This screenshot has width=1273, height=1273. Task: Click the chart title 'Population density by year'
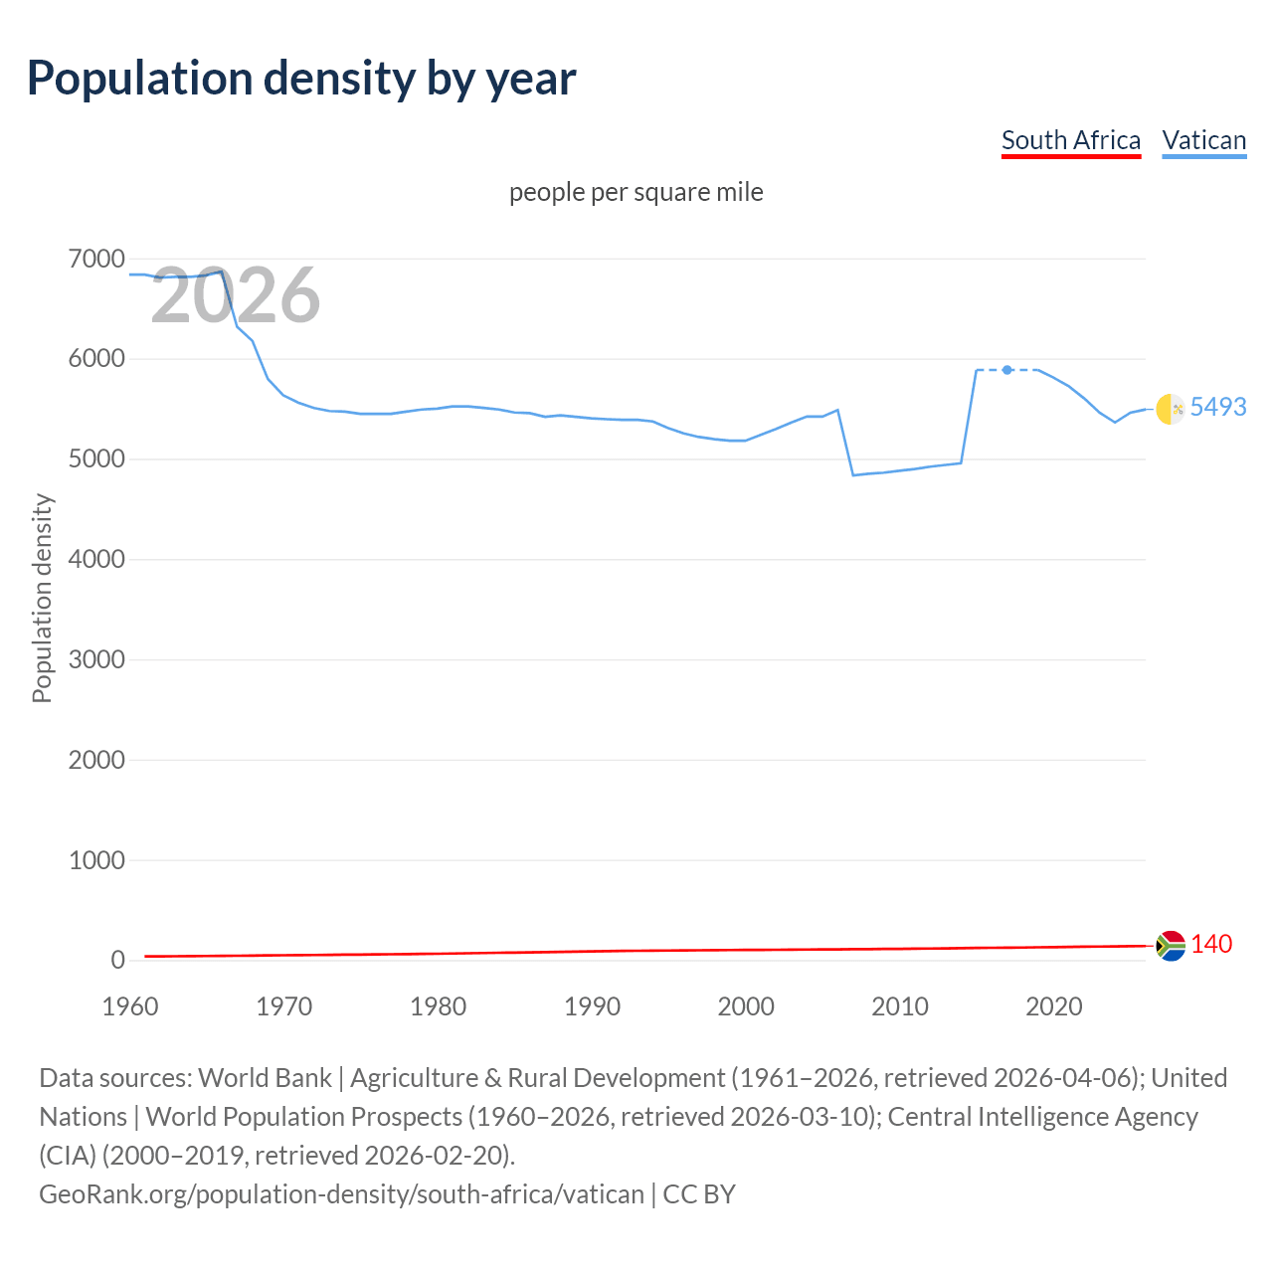coord(301,79)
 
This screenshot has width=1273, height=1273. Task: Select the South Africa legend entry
coord(1070,140)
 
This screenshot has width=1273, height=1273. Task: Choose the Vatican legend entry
coord(1203,140)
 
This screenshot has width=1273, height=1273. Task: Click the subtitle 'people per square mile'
coord(636,192)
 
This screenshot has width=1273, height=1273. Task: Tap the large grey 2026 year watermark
coord(236,295)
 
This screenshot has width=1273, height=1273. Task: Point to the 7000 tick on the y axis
coord(96,260)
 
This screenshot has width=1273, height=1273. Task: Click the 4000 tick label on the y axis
coord(96,560)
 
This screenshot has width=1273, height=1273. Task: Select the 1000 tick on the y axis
coord(96,860)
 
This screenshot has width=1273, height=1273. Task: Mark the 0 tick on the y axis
coord(117,960)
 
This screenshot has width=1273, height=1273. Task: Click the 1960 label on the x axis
coord(130,1006)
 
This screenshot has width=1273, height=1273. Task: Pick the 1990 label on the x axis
coord(592,1006)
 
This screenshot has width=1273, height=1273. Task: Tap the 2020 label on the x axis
coord(1053,1006)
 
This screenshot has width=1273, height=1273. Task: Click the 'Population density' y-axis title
coord(42,599)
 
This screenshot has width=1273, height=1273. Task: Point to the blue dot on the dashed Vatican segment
coord(1007,370)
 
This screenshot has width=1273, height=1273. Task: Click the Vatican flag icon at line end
coord(1171,409)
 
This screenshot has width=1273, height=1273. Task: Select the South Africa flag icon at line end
coord(1171,945)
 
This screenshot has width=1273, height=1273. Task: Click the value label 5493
coord(1218,407)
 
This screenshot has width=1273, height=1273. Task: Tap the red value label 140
coord(1211,944)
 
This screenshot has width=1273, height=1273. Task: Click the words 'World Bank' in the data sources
coord(265,1078)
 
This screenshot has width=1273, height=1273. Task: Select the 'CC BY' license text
coord(699,1194)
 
